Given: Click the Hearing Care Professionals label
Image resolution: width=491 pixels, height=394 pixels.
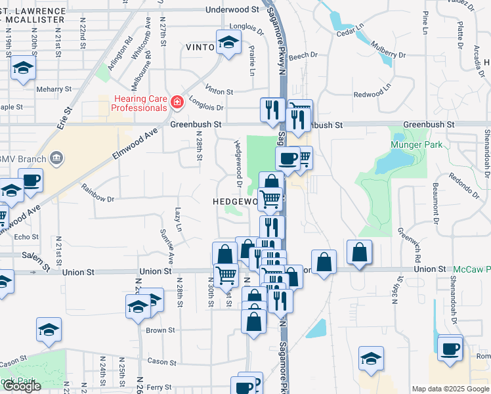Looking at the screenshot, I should click(139, 103).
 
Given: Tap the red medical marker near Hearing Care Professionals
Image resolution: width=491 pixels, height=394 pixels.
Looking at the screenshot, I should click(177, 102).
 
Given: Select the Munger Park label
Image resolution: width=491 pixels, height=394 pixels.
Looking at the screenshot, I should click(413, 144).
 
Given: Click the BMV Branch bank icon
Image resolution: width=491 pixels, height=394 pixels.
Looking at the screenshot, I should click(56, 158).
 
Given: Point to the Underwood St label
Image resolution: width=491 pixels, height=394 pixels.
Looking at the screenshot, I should click(232, 10).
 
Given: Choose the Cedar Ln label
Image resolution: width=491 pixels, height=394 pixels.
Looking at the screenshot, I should click(350, 30).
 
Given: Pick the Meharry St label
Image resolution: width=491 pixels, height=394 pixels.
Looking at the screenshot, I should click(54, 89).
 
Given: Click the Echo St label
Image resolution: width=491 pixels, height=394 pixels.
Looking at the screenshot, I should click(27, 237).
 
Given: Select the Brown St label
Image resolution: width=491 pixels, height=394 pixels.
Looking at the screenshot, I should click(160, 330).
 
